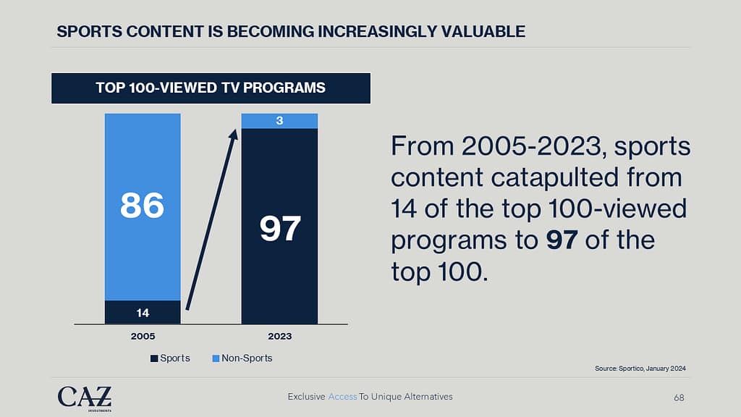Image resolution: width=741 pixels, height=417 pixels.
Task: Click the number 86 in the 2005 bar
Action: (142, 205)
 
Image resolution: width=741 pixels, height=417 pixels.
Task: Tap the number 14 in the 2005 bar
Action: (143, 313)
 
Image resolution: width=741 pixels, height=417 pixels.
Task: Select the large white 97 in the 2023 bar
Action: (279, 229)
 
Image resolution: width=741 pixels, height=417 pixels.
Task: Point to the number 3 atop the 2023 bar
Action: (279, 121)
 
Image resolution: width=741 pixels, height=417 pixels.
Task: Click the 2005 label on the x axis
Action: (143, 337)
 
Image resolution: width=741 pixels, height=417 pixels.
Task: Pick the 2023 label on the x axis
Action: (279, 337)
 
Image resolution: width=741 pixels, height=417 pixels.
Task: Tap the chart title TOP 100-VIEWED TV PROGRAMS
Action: (211, 88)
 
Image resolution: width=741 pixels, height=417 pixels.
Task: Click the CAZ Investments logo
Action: (85, 397)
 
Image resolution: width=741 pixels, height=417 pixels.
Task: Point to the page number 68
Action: (678, 397)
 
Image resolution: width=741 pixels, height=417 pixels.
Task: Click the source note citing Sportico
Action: (640, 368)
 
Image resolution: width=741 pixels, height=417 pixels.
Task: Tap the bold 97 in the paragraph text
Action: (562, 240)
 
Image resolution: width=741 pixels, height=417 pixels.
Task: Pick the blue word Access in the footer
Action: (342, 397)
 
